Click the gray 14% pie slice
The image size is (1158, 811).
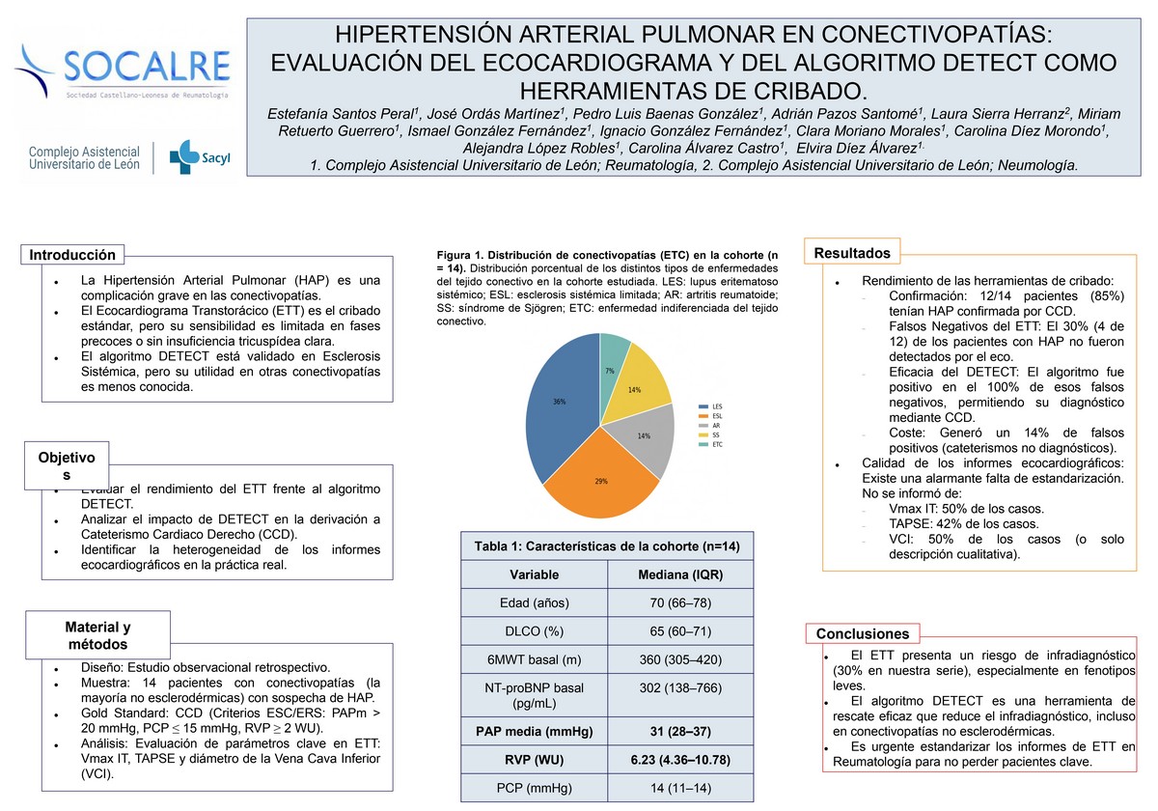pos(645,439)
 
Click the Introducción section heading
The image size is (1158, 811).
pos(72,255)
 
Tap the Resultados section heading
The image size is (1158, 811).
pos(852,253)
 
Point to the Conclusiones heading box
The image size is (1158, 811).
pos(863,634)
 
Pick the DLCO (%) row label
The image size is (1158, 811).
pos(534,631)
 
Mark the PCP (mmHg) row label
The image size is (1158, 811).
pos(534,788)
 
